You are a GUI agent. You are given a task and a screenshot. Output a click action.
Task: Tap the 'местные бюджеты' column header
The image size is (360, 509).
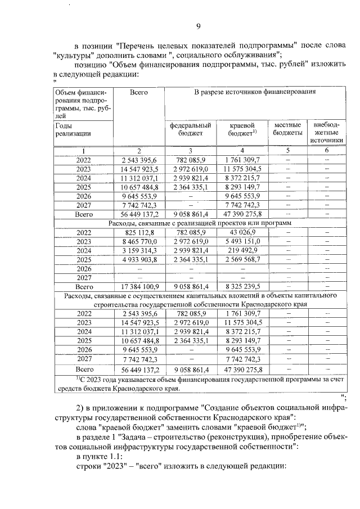[287, 129]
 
